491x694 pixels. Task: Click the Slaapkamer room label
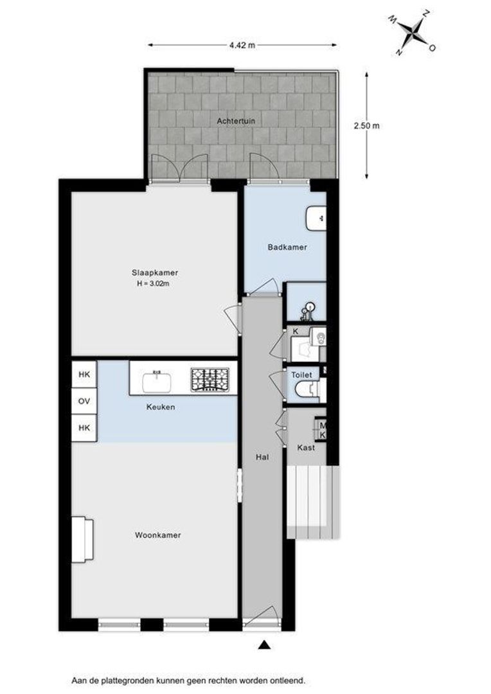click(x=154, y=272)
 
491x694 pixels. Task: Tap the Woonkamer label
click(x=158, y=535)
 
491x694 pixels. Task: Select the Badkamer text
click(x=287, y=247)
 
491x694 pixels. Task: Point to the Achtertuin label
click(x=236, y=121)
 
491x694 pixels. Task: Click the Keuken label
click(x=161, y=407)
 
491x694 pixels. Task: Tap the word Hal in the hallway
click(x=263, y=458)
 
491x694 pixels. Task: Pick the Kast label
click(x=306, y=447)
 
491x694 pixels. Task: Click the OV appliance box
click(x=84, y=401)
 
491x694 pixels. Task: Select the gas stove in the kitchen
click(x=210, y=380)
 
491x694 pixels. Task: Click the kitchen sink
click(x=157, y=382)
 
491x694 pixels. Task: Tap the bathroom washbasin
click(x=317, y=218)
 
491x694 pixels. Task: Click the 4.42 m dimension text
click(x=242, y=45)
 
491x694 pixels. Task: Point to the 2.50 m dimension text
click(x=366, y=125)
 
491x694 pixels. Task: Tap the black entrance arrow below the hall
click(x=264, y=645)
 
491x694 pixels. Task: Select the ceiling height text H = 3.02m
click(x=153, y=284)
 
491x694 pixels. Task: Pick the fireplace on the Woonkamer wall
click(x=83, y=540)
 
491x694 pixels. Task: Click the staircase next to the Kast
click(x=313, y=502)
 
